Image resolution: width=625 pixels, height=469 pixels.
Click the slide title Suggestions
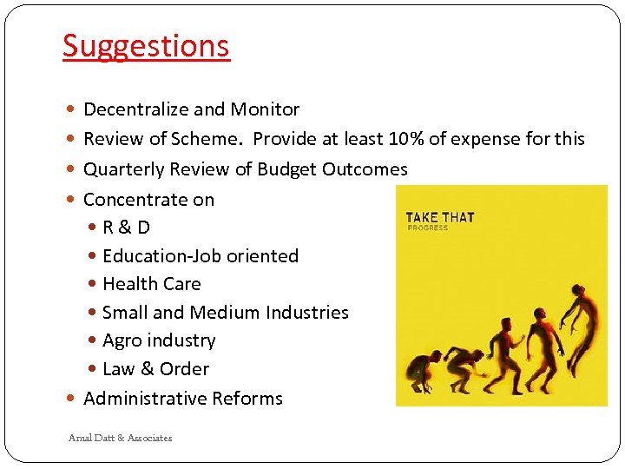point(146,45)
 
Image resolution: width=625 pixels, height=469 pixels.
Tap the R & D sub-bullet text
point(126,228)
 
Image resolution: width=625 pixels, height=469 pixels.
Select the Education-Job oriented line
point(200,256)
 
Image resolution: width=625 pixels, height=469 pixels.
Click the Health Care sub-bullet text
point(151,284)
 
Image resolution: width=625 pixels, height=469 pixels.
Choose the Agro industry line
point(159,340)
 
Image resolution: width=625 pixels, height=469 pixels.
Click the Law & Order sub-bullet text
point(155,369)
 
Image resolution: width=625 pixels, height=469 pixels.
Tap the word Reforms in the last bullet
point(250,399)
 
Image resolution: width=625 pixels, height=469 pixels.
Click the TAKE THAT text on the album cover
point(440,217)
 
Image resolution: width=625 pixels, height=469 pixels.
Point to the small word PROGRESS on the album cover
point(428,228)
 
